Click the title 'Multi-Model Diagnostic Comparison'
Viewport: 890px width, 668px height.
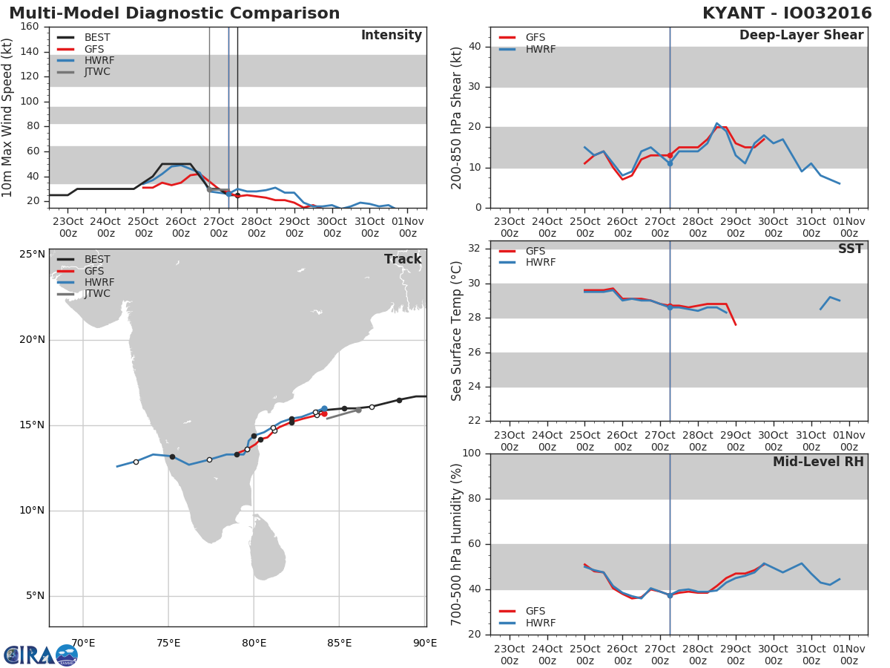click(x=174, y=13)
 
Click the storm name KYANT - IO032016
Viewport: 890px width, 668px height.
click(x=787, y=13)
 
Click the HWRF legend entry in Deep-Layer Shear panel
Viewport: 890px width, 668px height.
click(x=527, y=49)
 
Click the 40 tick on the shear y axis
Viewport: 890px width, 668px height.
click(x=475, y=47)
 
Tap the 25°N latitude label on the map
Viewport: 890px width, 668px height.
click(x=32, y=255)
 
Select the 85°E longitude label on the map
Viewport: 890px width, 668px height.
click(x=339, y=644)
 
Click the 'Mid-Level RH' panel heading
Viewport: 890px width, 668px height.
click(x=818, y=462)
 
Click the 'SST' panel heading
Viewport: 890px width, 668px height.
click(x=851, y=249)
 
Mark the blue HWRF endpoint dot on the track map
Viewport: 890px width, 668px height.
click(x=324, y=409)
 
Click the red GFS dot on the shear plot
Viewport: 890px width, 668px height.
click(x=670, y=155)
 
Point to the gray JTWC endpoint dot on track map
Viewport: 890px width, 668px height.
click(x=358, y=410)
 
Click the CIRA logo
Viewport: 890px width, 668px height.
click(x=41, y=655)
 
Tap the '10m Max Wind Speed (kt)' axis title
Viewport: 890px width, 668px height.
click(x=6, y=117)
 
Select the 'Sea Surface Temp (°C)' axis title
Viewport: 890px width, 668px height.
click(x=456, y=331)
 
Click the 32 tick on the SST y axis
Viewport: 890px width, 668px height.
click(x=475, y=249)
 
